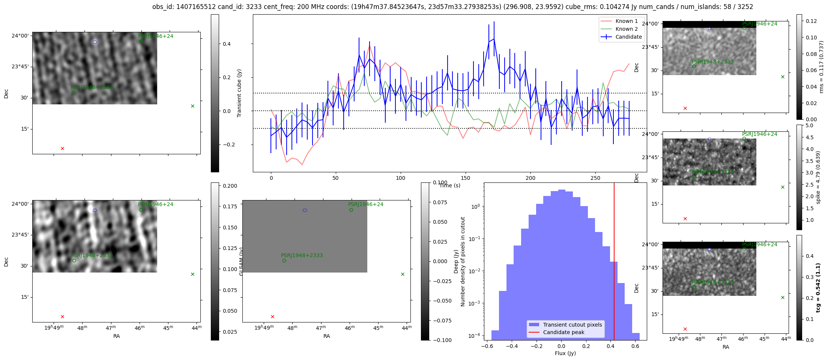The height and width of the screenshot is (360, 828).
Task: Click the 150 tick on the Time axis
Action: (x=466, y=178)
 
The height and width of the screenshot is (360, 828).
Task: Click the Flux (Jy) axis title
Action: (x=565, y=353)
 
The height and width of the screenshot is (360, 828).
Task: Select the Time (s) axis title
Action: (x=450, y=185)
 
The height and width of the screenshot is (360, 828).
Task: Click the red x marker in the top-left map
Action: (x=62, y=149)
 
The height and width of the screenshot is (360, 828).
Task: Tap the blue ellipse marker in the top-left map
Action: (x=95, y=42)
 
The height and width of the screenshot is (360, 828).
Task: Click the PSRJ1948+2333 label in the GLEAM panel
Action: (x=302, y=255)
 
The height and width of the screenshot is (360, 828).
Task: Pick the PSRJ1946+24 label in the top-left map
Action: (x=155, y=36)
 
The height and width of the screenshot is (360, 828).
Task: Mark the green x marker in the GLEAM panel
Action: (x=403, y=274)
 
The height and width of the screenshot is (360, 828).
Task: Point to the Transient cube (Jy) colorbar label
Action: (x=239, y=93)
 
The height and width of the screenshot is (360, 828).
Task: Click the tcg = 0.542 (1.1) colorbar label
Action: (x=818, y=288)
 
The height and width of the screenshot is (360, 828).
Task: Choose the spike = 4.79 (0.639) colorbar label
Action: (x=818, y=177)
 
